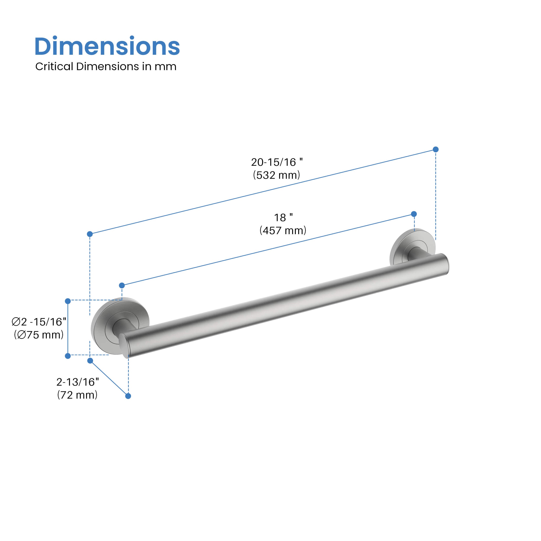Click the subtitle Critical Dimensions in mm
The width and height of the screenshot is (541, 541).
(x=106, y=67)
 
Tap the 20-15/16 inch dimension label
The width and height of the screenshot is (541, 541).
(x=277, y=162)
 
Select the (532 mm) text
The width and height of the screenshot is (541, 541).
(x=276, y=175)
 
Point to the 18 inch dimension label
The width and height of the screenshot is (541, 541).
(x=283, y=217)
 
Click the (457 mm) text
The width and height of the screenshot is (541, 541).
(x=283, y=230)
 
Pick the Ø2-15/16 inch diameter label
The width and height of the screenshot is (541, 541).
(x=39, y=322)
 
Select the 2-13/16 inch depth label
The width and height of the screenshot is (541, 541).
(x=77, y=382)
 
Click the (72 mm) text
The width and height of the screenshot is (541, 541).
(x=77, y=395)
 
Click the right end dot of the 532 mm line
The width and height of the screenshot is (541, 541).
(x=435, y=149)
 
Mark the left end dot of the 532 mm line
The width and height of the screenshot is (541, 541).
(x=90, y=234)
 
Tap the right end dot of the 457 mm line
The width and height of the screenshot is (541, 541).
(x=414, y=214)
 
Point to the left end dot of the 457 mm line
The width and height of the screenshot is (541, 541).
(x=122, y=285)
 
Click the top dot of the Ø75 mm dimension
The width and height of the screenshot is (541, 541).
(x=68, y=301)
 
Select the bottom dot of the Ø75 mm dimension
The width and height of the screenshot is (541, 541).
(x=68, y=356)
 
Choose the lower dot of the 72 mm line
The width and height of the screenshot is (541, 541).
(x=128, y=396)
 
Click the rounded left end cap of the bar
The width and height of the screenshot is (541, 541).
(x=124, y=346)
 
